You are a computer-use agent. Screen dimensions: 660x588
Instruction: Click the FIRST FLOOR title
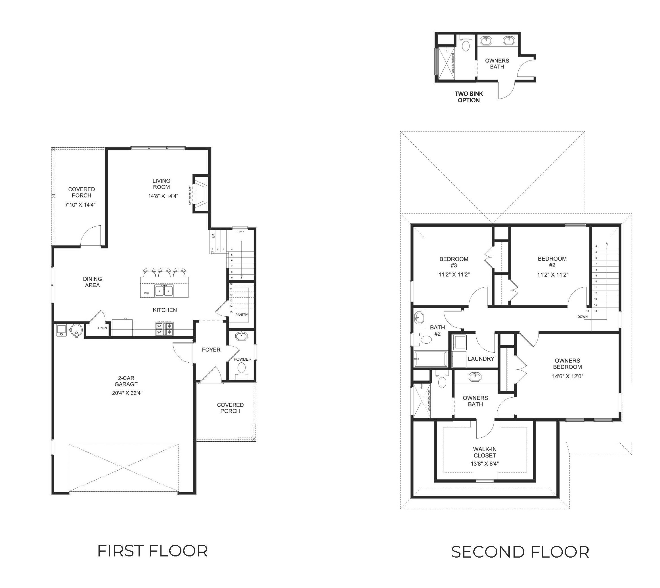point(152,551)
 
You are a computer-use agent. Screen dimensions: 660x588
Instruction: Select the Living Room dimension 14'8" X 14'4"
point(163,196)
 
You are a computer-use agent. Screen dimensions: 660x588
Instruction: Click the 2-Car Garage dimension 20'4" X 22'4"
point(126,393)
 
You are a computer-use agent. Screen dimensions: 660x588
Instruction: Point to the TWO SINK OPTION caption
point(469,97)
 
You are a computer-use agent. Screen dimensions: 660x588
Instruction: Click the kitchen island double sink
point(164,291)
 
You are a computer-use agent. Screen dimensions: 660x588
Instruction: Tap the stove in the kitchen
point(164,329)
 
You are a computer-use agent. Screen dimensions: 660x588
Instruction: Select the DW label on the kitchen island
point(146,293)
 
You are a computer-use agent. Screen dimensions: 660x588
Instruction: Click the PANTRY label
point(242,315)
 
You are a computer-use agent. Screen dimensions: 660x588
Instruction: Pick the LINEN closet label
point(102,328)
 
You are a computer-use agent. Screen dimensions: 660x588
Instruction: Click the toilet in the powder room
point(241,367)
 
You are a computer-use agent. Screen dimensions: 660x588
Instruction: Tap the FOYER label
point(211,350)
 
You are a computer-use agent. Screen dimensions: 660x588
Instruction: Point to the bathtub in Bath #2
point(431,359)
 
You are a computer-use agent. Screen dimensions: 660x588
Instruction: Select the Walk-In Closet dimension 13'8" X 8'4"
point(485,464)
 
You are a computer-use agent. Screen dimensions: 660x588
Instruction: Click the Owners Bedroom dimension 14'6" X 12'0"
point(567,376)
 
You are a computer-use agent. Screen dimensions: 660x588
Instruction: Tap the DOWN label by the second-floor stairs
point(583,317)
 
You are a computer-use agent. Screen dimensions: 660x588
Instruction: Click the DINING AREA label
point(92,282)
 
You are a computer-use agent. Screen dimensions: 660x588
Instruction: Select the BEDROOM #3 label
point(454,262)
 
